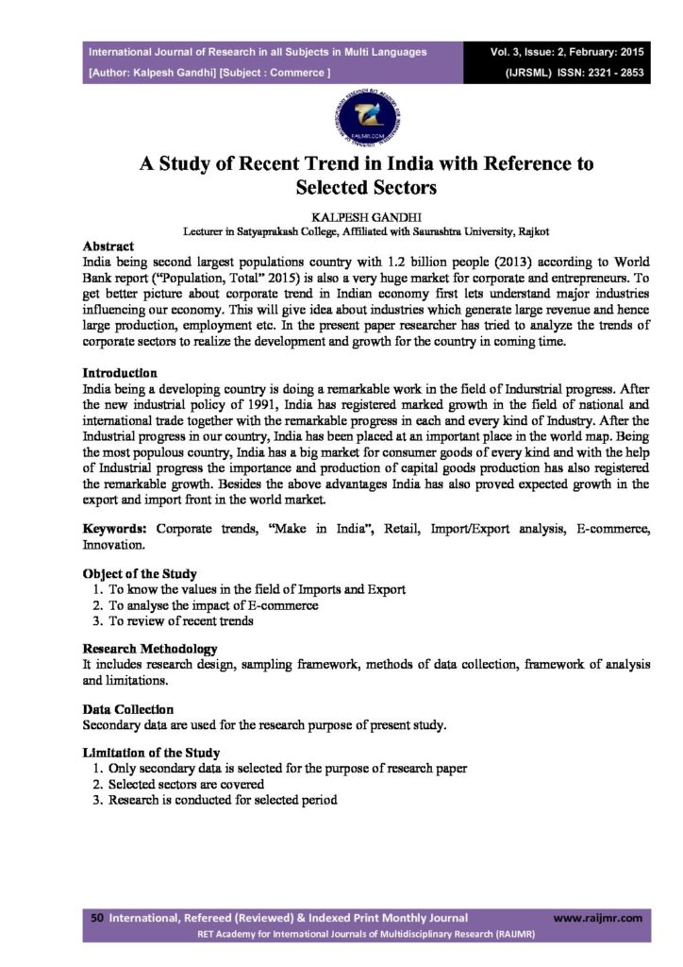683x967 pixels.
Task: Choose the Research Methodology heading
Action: tap(150, 649)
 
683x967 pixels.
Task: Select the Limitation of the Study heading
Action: tap(151, 753)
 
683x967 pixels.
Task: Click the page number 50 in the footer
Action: tap(96, 917)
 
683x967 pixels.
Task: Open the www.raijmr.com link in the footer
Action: tap(597, 917)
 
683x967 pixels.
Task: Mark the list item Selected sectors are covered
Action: tap(186, 785)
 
